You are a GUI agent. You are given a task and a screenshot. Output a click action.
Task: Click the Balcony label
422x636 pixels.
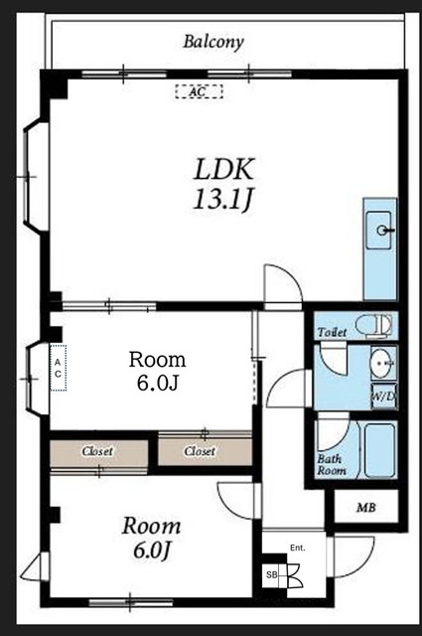coord(213,42)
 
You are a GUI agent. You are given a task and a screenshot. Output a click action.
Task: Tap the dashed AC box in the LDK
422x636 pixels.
coord(199,91)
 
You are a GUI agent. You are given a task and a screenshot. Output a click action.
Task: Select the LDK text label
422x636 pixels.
coord(224,169)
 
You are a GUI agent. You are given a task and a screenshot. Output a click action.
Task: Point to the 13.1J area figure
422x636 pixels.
coord(222,201)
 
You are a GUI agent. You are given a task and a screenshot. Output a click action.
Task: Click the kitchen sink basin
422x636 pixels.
coord(379,230)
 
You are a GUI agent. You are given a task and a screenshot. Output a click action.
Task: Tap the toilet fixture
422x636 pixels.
coord(373,325)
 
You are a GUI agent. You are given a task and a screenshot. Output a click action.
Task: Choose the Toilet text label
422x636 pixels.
coord(332,333)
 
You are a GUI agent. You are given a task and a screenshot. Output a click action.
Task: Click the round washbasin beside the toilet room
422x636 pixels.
coord(381,362)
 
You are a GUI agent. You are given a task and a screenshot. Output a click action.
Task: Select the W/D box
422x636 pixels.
coord(384,397)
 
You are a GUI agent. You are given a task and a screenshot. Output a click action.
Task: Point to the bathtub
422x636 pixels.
coord(379,450)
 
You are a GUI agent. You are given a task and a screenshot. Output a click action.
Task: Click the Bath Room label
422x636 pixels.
coord(332,465)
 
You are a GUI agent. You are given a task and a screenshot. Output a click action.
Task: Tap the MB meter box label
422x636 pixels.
coord(366,508)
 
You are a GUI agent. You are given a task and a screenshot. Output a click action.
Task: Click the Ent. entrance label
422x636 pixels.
coord(298,548)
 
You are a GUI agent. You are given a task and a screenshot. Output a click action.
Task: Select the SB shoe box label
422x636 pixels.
coord(271,574)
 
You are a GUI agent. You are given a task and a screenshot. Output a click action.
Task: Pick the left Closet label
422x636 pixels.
coord(97,451)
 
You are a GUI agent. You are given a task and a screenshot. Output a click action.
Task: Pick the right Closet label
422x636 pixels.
coord(200,451)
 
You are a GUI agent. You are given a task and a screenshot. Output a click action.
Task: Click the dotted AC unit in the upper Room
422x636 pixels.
coord(58,368)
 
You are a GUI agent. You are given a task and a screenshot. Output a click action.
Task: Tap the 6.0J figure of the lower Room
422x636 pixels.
coord(150,551)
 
